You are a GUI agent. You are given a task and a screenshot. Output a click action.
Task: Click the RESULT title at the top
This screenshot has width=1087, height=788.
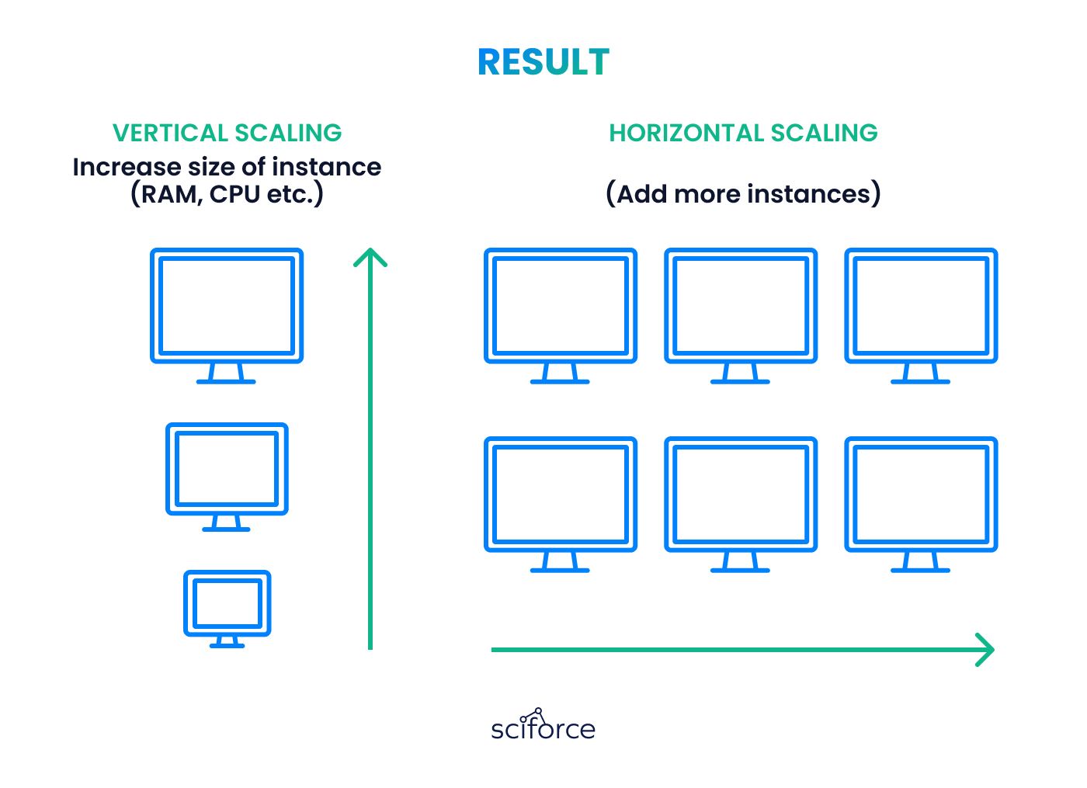click(543, 63)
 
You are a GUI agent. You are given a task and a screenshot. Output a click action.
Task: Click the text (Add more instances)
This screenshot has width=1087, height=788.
click(743, 194)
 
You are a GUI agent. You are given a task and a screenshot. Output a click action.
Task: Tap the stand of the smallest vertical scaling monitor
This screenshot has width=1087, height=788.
click(227, 642)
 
